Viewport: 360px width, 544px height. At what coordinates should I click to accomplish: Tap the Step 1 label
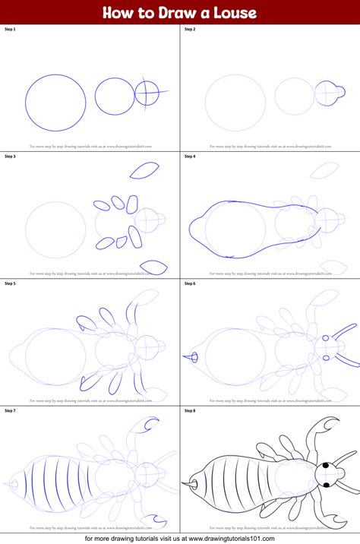[11, 29]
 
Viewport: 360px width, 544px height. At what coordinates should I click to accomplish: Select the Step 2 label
[190, 29]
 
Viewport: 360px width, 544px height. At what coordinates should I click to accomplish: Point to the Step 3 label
[11, 156]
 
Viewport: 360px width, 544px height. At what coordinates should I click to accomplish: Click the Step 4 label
[190, 156]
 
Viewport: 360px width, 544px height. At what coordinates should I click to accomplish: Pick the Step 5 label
[11, 283]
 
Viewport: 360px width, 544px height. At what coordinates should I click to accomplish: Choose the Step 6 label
[190, 283]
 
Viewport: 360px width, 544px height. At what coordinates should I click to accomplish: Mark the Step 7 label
[11, 410]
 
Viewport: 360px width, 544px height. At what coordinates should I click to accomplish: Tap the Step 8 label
[190, 410]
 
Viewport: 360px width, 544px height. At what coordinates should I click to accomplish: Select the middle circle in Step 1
[115, 96]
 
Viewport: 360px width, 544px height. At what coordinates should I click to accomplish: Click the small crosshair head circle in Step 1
[147, 94]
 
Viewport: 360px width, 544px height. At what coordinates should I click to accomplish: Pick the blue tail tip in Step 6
[194, 356]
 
